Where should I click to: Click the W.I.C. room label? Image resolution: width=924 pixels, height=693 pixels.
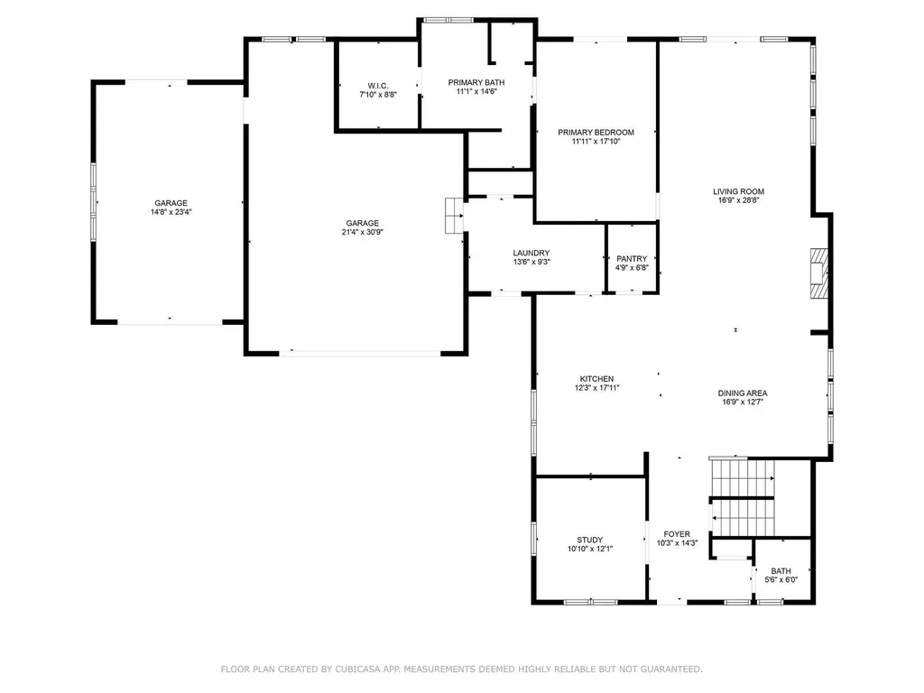(x=378, y=86)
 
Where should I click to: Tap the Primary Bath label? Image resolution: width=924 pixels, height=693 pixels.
(x=476, y=82)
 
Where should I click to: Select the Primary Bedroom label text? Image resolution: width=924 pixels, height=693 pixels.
(x=596, y=133)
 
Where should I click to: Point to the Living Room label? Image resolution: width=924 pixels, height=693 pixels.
(x=738, y=191)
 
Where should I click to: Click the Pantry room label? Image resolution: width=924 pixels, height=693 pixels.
(x=632, y=259)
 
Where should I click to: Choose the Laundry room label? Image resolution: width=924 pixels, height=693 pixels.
(x=531, y=254)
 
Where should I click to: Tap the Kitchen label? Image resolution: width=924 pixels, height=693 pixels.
(x=597, y=379)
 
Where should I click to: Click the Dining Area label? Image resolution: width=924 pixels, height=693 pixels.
(x=743, y=393)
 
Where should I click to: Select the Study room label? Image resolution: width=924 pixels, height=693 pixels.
(x=590, y=540)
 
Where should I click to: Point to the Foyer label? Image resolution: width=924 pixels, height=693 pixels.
(x=677, y=534)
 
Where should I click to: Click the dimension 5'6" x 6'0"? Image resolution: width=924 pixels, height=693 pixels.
(x=781, y=580)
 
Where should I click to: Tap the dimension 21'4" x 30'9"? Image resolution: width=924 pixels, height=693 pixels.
(x=363, y=232)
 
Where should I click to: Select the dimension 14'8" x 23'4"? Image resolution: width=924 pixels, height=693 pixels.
(x=171, y=212)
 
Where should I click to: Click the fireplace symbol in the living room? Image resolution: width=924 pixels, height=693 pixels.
(x=819, y=273)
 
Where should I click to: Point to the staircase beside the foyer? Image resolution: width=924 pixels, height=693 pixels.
(x=743, y=497)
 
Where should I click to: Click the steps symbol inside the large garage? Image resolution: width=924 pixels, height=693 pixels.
(x=455, y=216)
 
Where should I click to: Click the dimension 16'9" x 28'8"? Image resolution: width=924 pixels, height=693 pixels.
(x=738, y=200)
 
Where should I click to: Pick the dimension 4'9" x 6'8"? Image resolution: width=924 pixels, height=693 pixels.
(x=632, y=267)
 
